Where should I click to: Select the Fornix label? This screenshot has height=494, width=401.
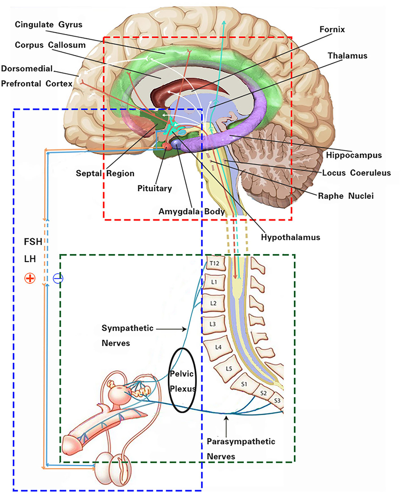point(332,29)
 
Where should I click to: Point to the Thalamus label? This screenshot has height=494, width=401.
point(348,55)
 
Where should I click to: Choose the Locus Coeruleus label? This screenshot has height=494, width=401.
point(357,173)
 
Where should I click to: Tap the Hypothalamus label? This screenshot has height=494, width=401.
point(290,237)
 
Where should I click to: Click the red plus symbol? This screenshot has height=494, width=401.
point(30,279)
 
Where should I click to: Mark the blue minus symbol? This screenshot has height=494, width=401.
point(58,279)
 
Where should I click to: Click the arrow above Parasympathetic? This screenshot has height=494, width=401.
point(227,424)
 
